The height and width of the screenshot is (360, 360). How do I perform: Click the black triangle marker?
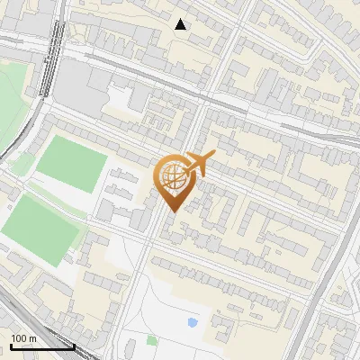coord(181,24)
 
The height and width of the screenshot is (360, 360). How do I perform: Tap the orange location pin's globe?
coord(172,175)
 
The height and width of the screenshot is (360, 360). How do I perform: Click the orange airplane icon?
coord(200,164)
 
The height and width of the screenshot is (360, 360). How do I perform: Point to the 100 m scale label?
coord(23,338)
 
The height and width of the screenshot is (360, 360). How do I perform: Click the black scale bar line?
coord(42,346)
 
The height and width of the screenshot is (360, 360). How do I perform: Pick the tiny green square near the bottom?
coord(151,340)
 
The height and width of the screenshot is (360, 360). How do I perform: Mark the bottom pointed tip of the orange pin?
coord(172,211)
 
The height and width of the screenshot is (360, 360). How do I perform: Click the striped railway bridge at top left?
coord(56,45)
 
